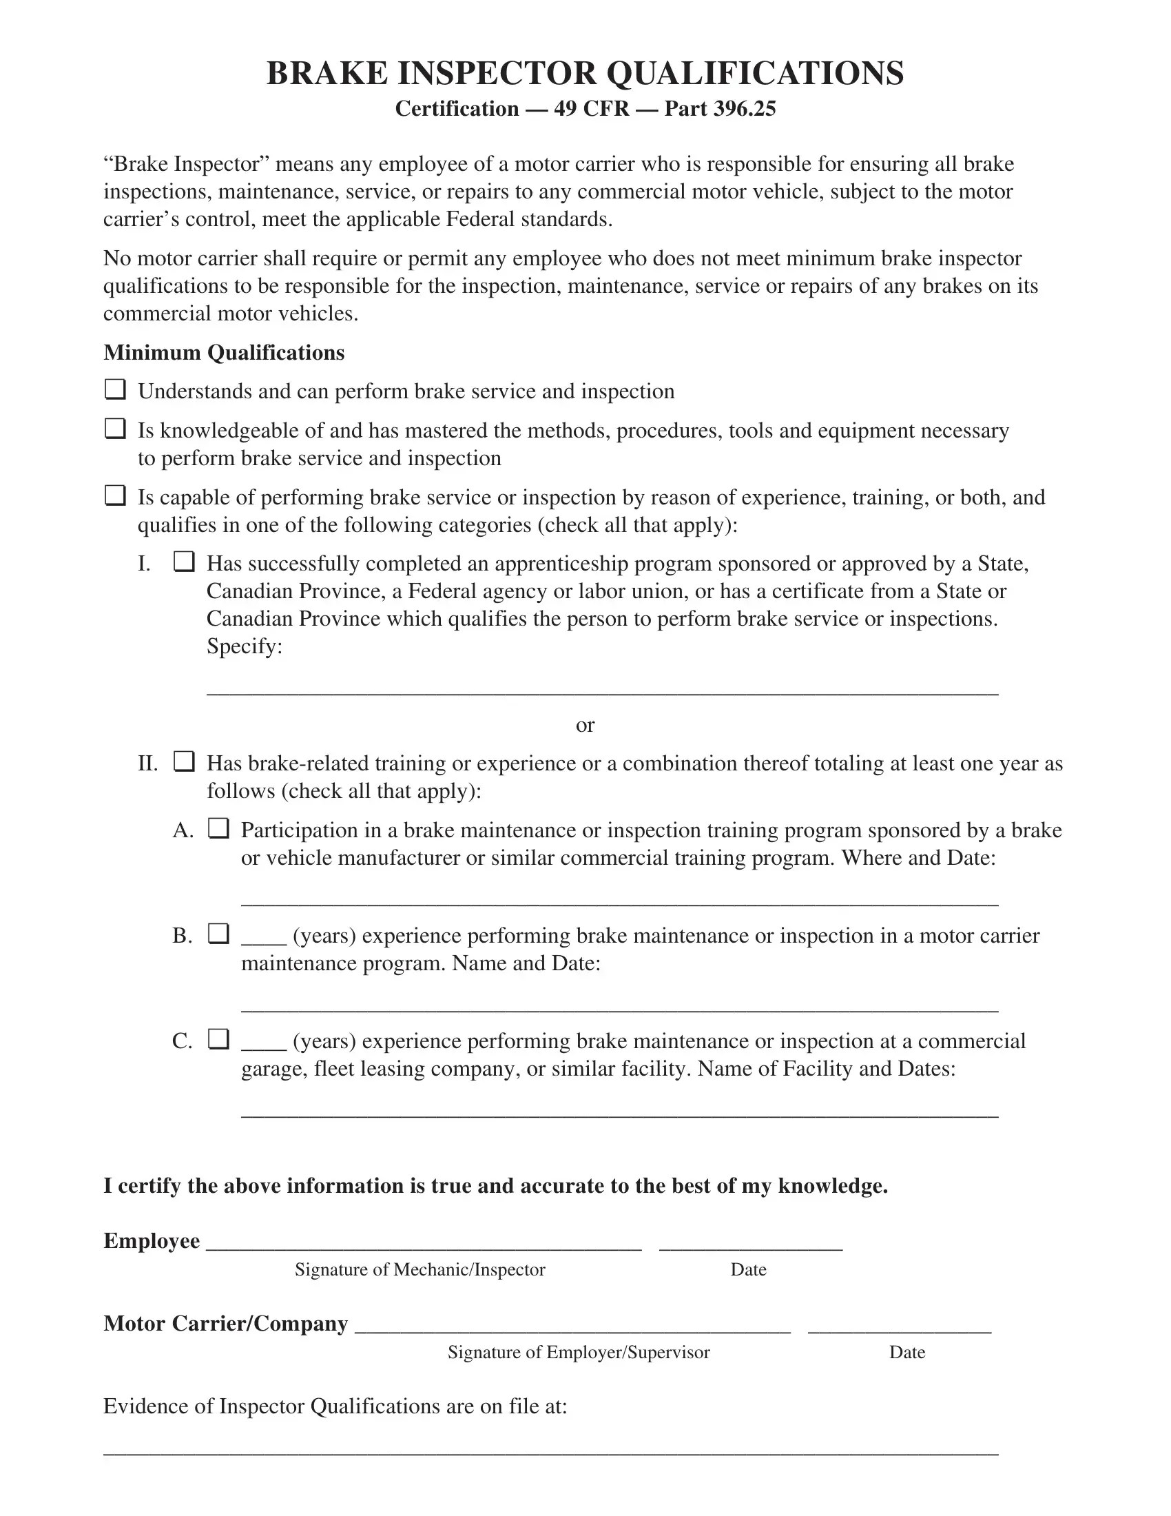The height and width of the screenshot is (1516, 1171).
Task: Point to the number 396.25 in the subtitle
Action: pos(745,109)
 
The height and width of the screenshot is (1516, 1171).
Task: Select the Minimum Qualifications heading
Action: pos(223,353)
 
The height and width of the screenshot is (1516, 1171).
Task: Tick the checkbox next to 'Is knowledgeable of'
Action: pos(115,429)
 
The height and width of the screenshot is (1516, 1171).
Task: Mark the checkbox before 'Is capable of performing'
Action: pos(115,495)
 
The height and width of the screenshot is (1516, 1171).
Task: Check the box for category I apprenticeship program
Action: pos(184,562)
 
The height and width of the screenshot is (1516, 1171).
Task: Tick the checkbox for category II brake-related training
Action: pos(184,761)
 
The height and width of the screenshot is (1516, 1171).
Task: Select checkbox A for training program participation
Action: pos(218,828)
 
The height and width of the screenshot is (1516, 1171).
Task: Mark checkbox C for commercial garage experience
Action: pos(218,1039)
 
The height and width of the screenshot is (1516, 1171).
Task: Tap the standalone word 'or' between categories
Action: pos(585,726)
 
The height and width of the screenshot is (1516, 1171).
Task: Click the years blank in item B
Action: pos(264,942)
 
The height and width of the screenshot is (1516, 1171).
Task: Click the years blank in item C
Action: pos(264,1047)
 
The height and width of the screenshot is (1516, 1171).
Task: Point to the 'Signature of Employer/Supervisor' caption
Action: pos(579,1352)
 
